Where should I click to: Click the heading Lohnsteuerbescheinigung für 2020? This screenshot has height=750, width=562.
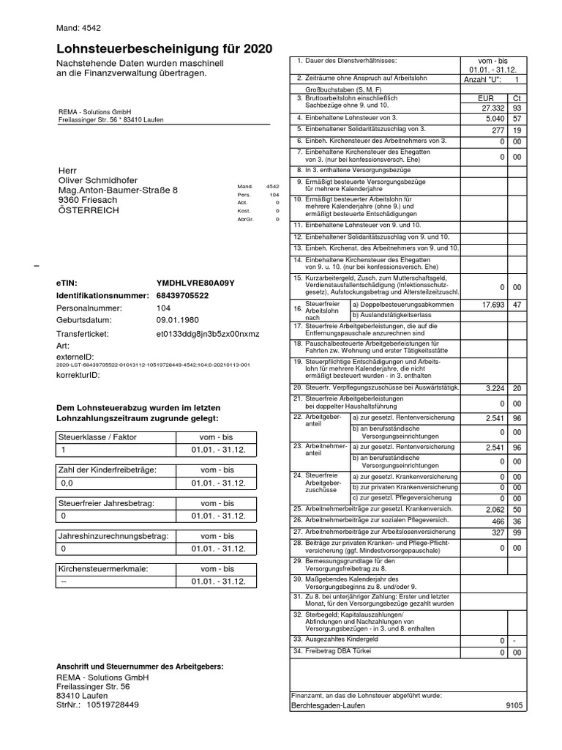point(164,49)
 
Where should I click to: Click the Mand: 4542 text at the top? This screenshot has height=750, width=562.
point(78,28)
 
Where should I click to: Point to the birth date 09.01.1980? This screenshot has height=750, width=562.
point(178,320)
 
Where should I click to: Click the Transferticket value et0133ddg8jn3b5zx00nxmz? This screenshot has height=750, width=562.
point(208,333)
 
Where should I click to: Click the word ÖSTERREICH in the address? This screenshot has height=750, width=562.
point(89,210)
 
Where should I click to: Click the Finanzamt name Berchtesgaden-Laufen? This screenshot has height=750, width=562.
point(328,705)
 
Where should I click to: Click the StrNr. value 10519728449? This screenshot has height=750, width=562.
point(112,705)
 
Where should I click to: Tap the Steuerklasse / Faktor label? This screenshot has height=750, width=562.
point(97,437)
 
